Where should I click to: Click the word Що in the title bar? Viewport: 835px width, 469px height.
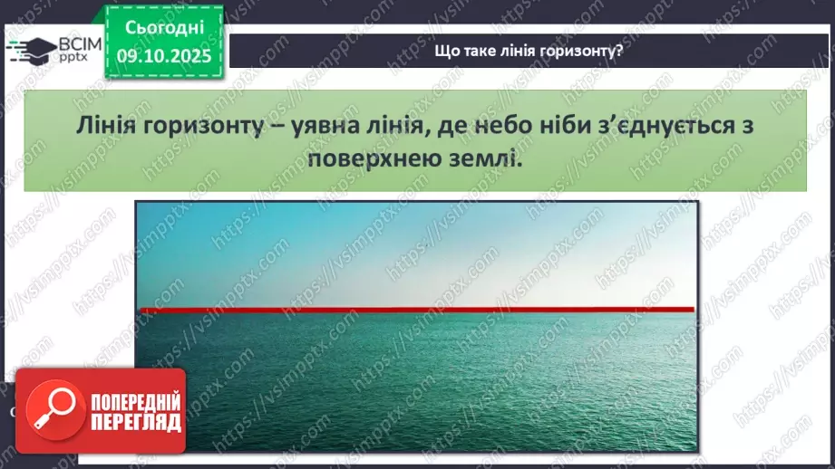point(447,51)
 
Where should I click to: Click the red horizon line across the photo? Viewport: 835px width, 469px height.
point(417,310)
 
